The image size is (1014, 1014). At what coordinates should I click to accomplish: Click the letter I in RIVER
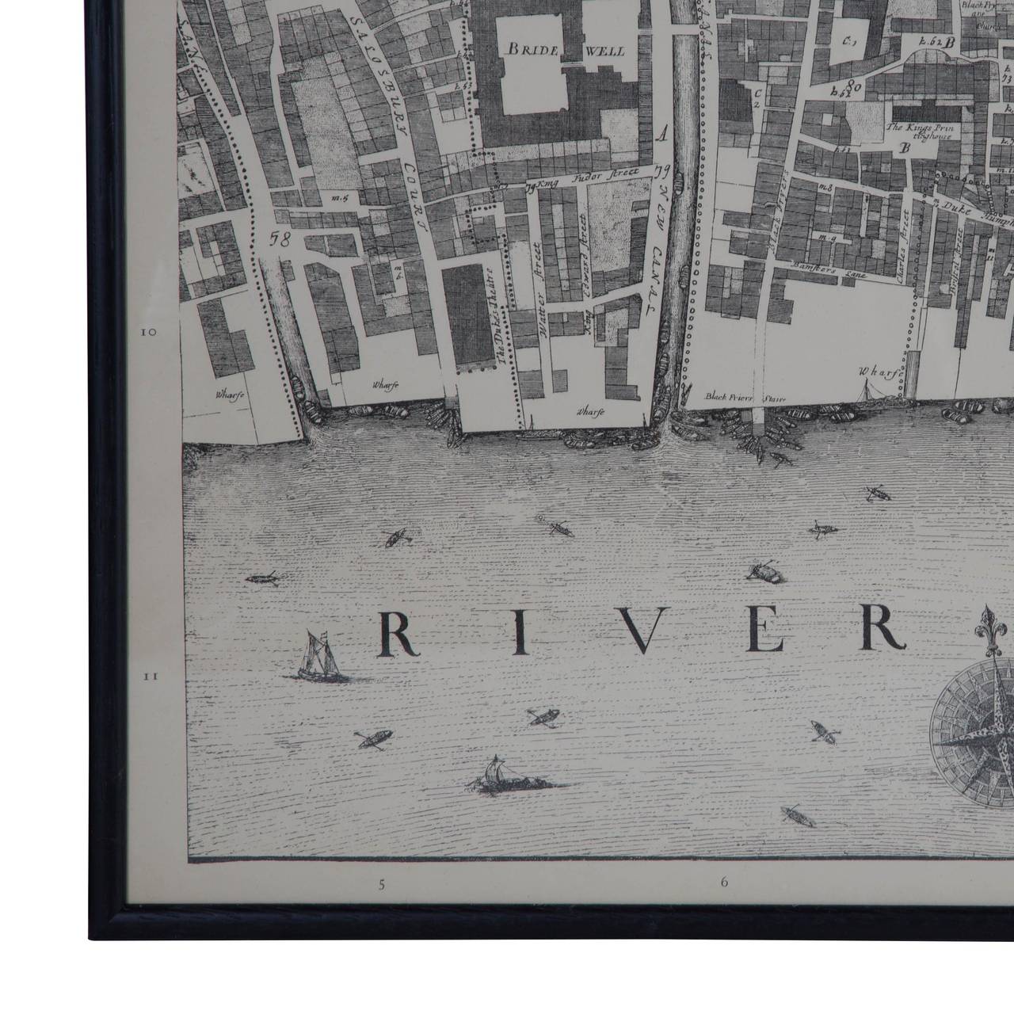coord(520,633)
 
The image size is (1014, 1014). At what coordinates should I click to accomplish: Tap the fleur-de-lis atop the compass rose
coord(990,626)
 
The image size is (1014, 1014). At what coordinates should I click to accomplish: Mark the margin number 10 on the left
coord(148,333)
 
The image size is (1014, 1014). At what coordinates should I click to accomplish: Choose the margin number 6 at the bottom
coord(724,881)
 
